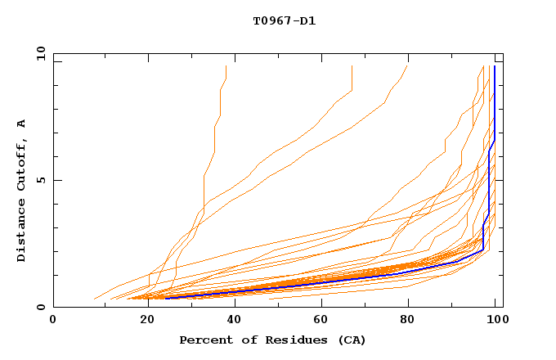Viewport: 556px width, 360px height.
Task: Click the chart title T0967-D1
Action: [x=284, y=21]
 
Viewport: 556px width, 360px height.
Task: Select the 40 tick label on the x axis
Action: [x=231, y=319]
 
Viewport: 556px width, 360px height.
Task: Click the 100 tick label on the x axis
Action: [x=496, y=319]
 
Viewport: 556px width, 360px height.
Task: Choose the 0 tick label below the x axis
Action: [x=53, y=319]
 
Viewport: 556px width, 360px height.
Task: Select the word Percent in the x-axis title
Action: [x=204, y=340]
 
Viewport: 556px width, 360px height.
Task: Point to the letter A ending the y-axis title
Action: [x=22, y=124]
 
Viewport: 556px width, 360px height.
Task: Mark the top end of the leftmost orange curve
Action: [x=226, y=66]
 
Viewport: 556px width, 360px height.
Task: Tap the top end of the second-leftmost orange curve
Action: [x=352, y=66]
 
